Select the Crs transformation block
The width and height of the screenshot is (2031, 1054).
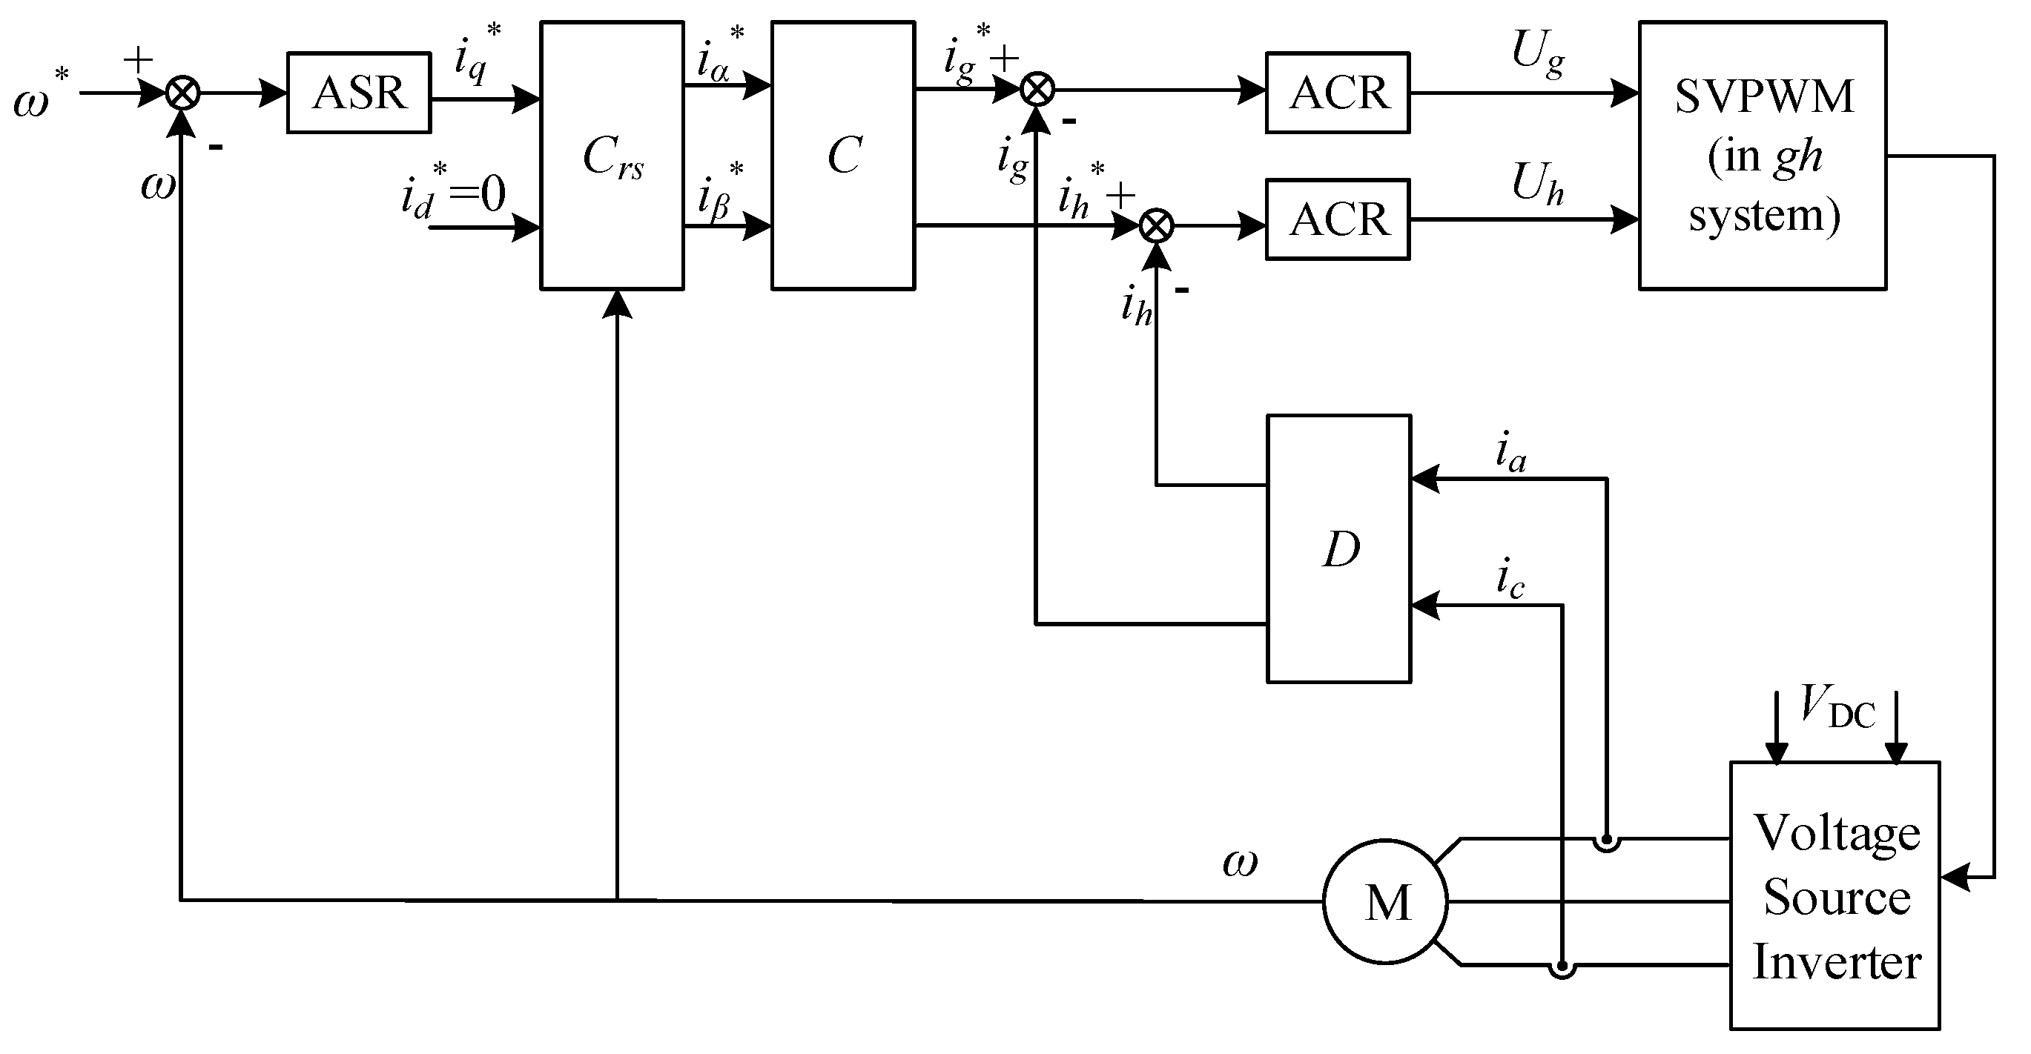(x=612, y=156)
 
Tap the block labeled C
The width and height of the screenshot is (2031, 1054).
(x=843, y=156)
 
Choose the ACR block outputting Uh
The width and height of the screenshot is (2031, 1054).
(x=1337, y=219)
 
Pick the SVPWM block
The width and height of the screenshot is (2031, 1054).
(x=1762, y=156)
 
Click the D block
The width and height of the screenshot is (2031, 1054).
(x=1338, y=548)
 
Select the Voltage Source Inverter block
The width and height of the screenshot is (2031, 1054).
(x=1835, y=896)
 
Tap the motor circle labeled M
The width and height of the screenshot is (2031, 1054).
(x=1385, y=901)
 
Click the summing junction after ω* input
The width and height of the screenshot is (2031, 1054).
(x=183, y=93)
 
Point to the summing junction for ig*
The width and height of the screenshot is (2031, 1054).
(x=1037, y=90)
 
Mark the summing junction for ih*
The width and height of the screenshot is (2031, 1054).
(x=1157, y=227)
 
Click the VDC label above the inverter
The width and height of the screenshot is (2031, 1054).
(x=1837, y=706)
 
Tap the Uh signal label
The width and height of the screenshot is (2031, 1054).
(x=1537, y=184)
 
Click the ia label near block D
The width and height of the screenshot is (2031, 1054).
(x=1510, y=454)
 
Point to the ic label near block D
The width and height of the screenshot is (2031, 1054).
(x=1510, y=580)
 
